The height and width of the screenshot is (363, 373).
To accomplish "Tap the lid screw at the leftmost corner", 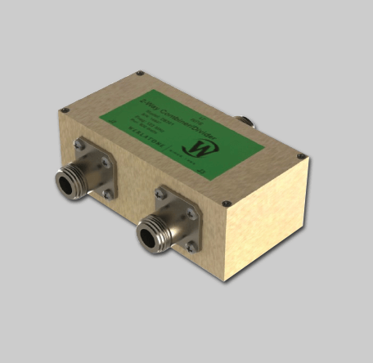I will tap(63, 110).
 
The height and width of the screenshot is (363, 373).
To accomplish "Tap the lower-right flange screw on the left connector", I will tap(107, 195).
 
